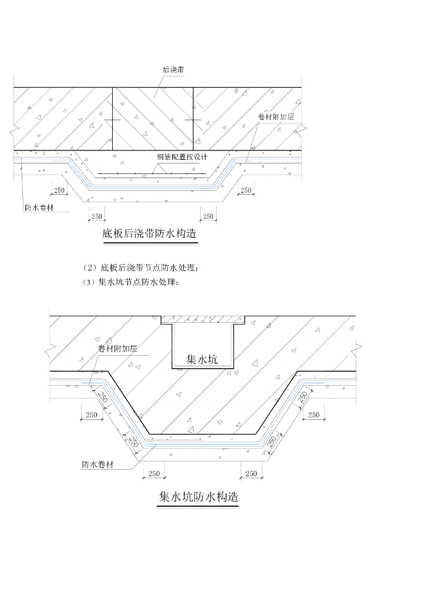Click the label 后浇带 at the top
coord(173,69)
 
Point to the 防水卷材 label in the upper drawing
coord(39,207)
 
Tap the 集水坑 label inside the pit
coord(201,359)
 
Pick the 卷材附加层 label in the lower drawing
coord(117,349)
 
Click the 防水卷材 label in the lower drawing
coord(97,464)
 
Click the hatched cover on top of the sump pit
coord(202,319)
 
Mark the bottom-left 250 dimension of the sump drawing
coord(154,473)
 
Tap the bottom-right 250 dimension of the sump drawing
coord(251,473)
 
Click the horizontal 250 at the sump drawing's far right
coord(313,415)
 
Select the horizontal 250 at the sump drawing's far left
coord(92,415)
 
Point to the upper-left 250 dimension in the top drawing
coord(59,190)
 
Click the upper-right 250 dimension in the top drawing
coord(245,190)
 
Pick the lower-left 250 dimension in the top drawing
coord(97,216)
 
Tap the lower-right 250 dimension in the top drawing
coord(208,216)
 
